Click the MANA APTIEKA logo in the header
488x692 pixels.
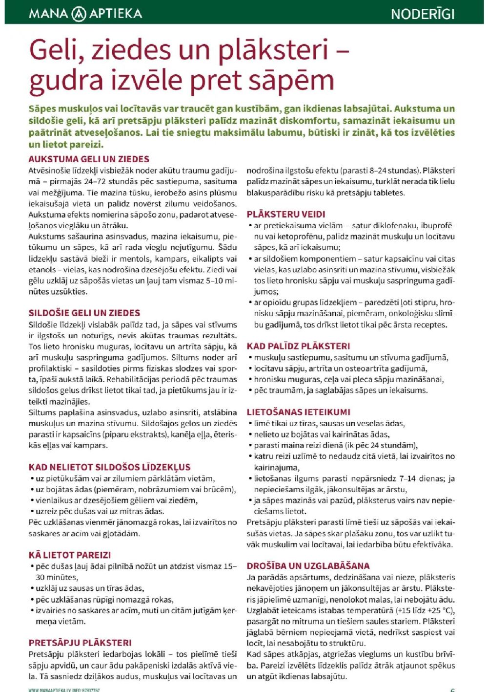86,13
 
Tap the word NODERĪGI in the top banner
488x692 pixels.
423,14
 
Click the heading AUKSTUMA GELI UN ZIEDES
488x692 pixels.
89,159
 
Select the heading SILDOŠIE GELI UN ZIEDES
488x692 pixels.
84,313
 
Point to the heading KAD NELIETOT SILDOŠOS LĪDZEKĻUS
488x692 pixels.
109,467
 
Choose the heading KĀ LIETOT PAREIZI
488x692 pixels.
70,555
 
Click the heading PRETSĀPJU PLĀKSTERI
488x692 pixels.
80,643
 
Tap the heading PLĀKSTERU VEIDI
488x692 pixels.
286,214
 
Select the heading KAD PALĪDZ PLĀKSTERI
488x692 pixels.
298,346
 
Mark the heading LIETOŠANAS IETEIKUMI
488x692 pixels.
298,412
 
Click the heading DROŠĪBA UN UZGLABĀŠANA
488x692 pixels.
308,565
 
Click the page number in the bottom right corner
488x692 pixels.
452,690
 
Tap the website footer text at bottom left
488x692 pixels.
64,690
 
